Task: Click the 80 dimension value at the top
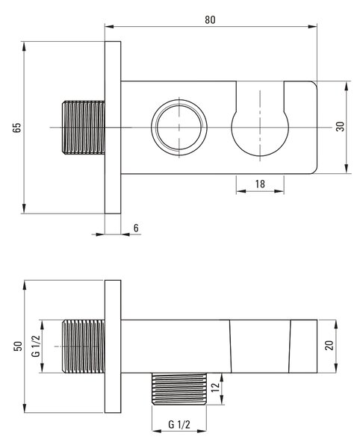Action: pos(210,19)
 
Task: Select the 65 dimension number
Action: pos(17,128)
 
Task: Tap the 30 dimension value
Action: pos(341,126)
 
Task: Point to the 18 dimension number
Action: pos(260,184)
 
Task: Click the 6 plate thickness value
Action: pos(136,228)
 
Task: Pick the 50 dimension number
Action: pos(18,346)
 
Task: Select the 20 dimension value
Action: pos(329,346)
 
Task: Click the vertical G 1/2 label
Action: pos(36,346)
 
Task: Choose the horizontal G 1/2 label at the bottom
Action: pos(179,424)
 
